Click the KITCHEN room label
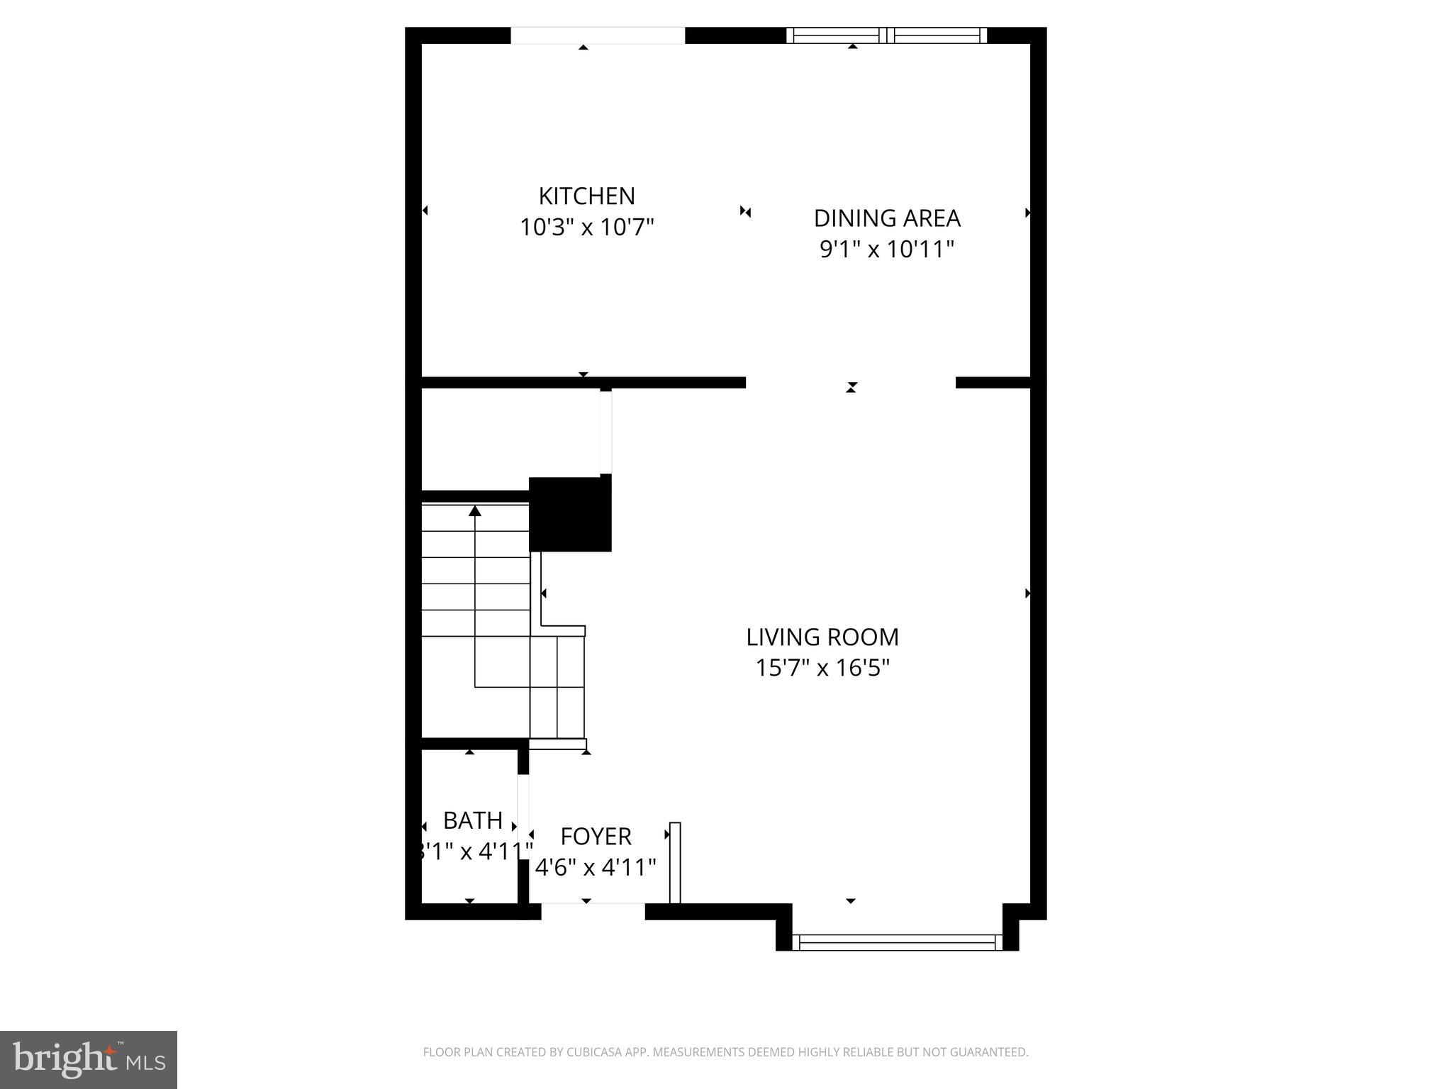pyautogui.click(x=586, y=196)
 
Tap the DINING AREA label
pyautogui.click(x=886, y=218)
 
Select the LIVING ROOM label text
pyautogui.click(x=822, y=637)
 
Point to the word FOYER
pyautogui.click(x=596, y=837)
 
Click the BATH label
pyautogui.click(x=472, y=821)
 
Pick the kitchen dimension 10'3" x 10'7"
pyautogui.click(x=586, y=228)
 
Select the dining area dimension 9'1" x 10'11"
pyautogui.click(x=886, y=250)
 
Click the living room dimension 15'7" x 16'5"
pyautogui.click(x=822, y=668)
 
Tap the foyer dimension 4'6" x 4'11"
pyautogui.click(x=596, y=867)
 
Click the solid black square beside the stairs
pyautogui.click(x=570, y=514)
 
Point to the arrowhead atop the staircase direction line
pyautogui.click(x=475, y=510)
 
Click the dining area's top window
pyautogui.click(x=886, y=35)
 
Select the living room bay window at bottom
pyautogui.click(x=897, y=942)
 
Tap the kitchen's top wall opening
pyautogui.click(x=598, y=35)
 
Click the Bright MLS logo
pyautogui.click(x=89, y=1059)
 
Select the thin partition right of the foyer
pyautogui.click(x=675, y=863)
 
